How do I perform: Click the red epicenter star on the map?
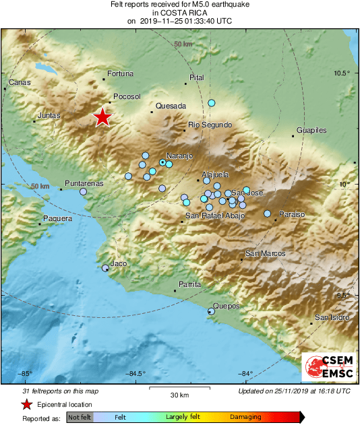point(102,117)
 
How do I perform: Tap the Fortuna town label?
point(121,74)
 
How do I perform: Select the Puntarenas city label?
point(84,183)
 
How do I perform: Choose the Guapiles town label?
point(311,130)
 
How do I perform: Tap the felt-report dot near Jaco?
point(105,268)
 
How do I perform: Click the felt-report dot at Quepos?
point(211,311)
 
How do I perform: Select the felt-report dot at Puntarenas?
point(84,192)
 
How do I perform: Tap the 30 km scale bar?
point(179,389)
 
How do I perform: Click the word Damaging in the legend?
point(245,417)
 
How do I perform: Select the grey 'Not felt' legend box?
point(80,418)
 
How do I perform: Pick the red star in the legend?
point(26,405)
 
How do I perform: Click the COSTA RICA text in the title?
point(180,12)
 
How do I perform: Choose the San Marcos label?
point(264,253)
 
